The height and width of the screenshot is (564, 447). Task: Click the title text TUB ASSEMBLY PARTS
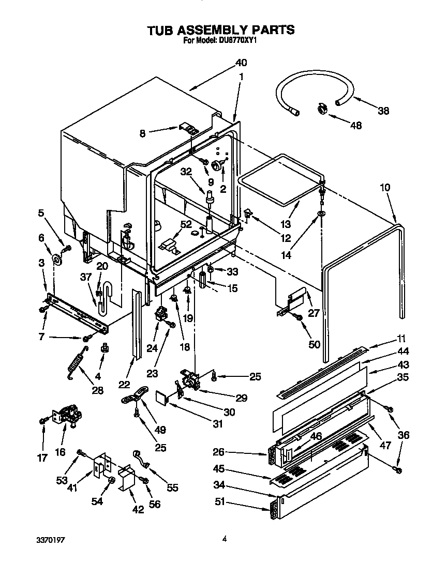221,30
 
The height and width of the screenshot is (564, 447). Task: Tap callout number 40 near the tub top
241,63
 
